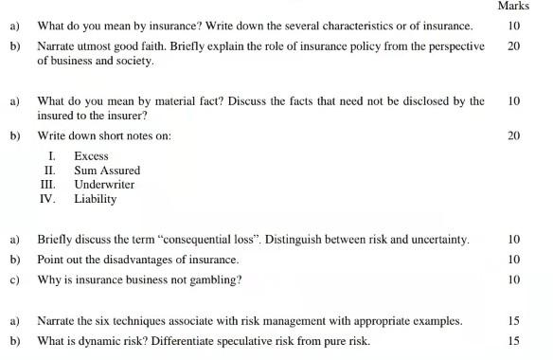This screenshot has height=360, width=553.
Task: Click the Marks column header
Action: coord(513,7)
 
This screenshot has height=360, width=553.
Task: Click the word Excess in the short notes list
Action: coord(91,156)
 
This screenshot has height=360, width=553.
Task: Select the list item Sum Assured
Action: coord(106,171)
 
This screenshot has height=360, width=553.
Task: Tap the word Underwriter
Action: coord(104,185)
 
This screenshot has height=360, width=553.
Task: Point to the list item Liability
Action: coord(95,199)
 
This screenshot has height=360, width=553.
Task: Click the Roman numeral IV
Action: coord(47,199)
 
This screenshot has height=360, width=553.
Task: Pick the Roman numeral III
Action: coord(47,185)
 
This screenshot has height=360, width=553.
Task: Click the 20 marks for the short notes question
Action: coord(513,136)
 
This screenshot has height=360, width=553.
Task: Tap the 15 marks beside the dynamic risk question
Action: coord(513,341)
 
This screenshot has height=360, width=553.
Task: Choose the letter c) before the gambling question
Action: coord(14,280)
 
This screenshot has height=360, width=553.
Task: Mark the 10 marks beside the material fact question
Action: coord(513,100)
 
